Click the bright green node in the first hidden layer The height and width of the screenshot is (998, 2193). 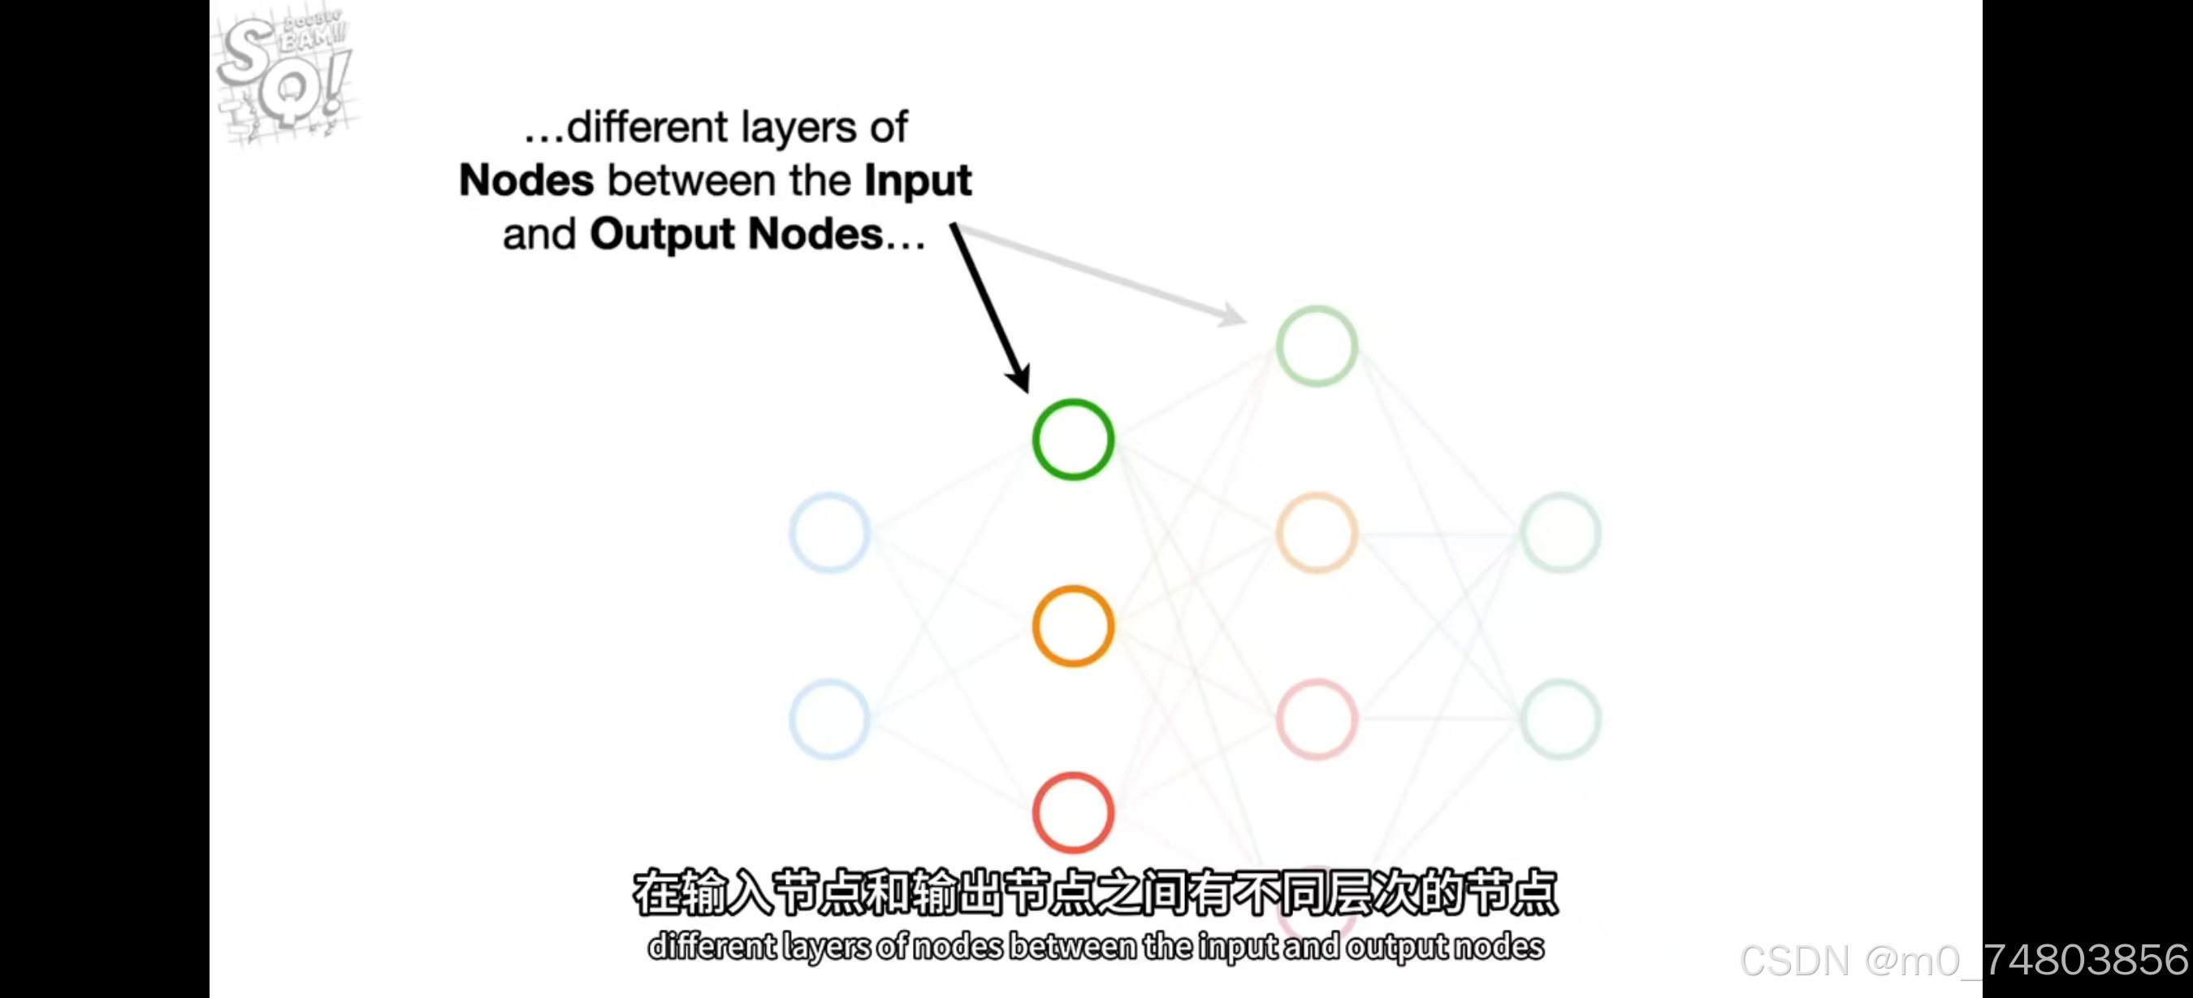[x=1073, y=440]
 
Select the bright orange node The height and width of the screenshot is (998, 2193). [x=1073, y=626]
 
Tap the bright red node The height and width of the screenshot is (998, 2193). [x=1073, y=813]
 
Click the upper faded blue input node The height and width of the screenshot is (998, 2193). [x=829, y=533]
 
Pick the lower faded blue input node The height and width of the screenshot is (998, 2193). [x=829, y=719]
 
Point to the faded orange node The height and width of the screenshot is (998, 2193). [x=1316, y=533]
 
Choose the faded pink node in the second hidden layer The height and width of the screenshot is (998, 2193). [x=1316, y=719]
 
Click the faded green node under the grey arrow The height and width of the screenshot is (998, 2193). [x=1316, y=345]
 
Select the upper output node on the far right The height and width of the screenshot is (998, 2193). [x=1560, y=533]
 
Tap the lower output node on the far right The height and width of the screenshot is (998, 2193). [x=1560, y=719]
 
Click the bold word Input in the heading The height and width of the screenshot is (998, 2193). [x=918, y=180]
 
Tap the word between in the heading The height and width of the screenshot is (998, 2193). [x=729, y=180]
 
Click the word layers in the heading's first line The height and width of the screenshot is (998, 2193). [x=798, y=128]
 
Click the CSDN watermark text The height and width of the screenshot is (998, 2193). [x=1963, y=961]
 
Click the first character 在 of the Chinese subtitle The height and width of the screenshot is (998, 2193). [x=657, y=892]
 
